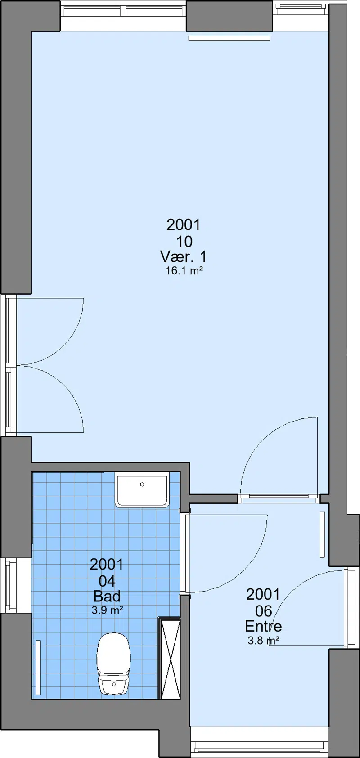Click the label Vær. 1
tap(184, 257)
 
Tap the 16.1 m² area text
tap(184, 271)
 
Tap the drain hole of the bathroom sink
tap(142, 484)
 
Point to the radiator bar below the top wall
tap(229, 38)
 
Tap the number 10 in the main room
tap(184, 241)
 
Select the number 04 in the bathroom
tap(107, 581)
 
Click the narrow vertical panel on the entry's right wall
tap(323, 535)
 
